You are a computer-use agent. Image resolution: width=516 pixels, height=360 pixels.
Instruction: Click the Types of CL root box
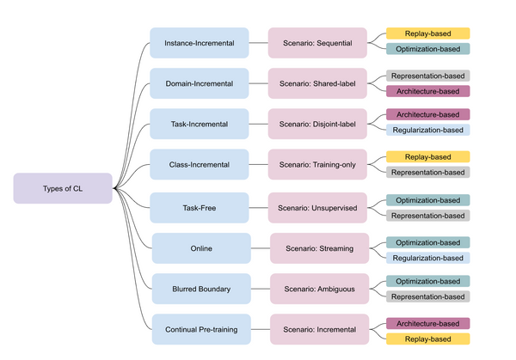click(x=63, y=188)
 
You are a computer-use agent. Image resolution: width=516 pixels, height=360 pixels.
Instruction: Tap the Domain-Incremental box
click(x=199, y=83)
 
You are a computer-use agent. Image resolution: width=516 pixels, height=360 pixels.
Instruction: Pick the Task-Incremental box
click(x=199, y=124)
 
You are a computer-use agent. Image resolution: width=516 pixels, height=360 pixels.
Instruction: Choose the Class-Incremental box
click(x=199, y=164)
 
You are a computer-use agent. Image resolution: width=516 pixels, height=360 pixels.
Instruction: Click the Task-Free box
click(x=199, y=207)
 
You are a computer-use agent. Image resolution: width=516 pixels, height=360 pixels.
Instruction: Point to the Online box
click(x=201, y=248)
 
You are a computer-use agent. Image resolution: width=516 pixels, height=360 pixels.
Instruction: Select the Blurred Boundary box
click(x=201, y=289)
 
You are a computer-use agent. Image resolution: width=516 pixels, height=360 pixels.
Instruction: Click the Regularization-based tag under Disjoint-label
click(x=427, y=131)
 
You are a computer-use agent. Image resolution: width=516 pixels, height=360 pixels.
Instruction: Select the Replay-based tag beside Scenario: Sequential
click(x=427, y=34)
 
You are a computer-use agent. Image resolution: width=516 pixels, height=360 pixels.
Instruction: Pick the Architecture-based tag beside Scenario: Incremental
click(x=427, y=323)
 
